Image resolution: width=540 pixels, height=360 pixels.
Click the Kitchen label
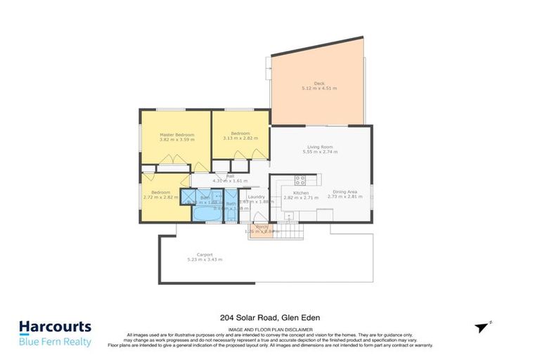(x=301, y=192)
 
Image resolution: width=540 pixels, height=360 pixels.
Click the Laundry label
(x=256, y=197)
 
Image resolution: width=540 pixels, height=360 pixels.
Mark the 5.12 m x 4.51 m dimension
(x=319, y=89)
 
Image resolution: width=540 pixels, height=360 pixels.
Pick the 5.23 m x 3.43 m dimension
(x=205, y=260)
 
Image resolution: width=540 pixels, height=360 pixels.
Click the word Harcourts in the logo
(x=55, y=327)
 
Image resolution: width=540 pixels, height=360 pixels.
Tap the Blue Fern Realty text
(x=55, y=342)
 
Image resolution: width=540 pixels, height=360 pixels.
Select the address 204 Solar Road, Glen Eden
(x=270, y=318)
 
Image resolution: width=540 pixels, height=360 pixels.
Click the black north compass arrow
(x=481, y=328)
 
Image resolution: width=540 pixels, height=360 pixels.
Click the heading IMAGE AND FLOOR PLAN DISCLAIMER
(x=270, y=328)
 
